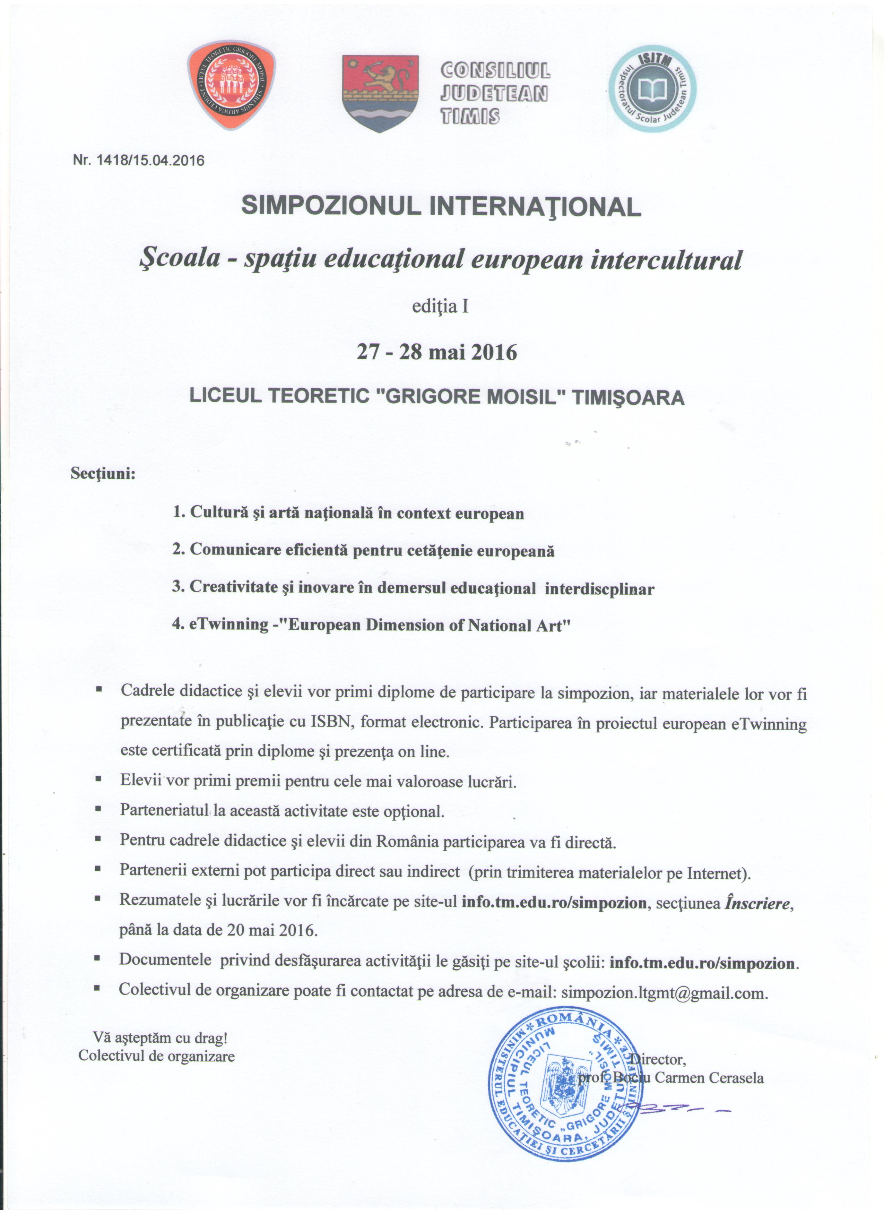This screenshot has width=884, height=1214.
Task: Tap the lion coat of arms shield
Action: [380, 92]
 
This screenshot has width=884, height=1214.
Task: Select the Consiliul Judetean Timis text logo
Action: [494, 92]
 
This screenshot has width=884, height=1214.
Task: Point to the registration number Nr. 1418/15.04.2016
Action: [138, 161]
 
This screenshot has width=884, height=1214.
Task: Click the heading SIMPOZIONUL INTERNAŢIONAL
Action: [441, 206]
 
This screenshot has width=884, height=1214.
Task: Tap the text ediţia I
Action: [440, 307]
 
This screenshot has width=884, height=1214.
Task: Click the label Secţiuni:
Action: [103, 474]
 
